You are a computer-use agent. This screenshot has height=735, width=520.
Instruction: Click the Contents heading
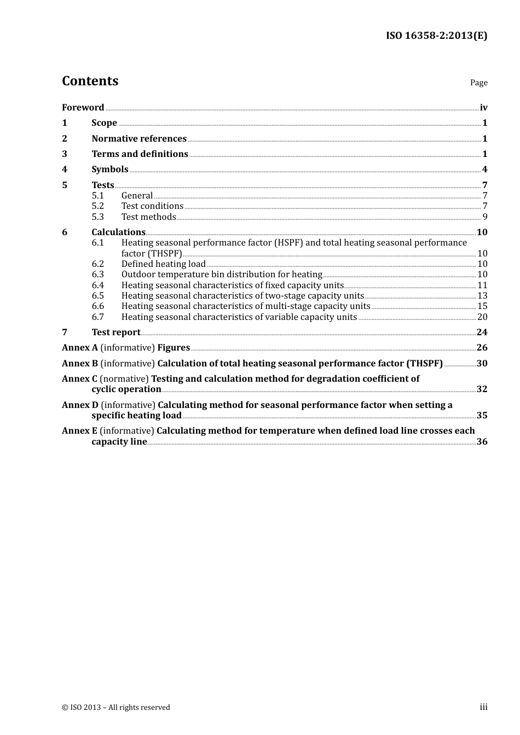pos(90,81)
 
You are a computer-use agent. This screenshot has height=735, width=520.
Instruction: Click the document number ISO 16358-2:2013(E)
pos(436,36)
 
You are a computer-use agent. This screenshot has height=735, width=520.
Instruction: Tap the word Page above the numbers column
pos(478,83)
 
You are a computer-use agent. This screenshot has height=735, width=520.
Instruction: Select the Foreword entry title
pos(83,108)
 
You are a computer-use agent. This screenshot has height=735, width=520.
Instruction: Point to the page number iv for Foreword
pos(483,108)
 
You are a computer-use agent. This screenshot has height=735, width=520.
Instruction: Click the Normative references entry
pos(139,139)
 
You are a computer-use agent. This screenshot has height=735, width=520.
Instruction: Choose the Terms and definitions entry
pos(140,154)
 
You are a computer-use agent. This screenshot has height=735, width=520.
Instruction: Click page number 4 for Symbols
pos(484,170)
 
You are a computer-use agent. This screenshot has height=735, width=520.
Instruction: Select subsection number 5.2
pos(97,206)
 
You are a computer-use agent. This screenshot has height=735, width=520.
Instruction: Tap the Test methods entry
pos(148,217)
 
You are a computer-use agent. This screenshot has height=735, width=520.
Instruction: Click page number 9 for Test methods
pos(484,217)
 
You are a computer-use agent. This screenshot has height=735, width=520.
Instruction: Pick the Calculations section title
pos(118,232)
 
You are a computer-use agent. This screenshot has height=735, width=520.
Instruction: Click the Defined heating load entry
pos(163,264)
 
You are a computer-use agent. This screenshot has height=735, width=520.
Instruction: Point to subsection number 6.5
pos(97,296)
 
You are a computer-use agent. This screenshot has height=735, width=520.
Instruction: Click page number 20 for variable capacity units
pos(482,317)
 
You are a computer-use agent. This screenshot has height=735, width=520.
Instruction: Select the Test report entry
pos(115,332)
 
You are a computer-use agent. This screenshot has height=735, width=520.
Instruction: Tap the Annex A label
pos(79,348)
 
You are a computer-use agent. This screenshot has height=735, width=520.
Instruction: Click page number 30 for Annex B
pos(482,364)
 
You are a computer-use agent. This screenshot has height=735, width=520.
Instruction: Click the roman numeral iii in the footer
pos(483,707)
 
